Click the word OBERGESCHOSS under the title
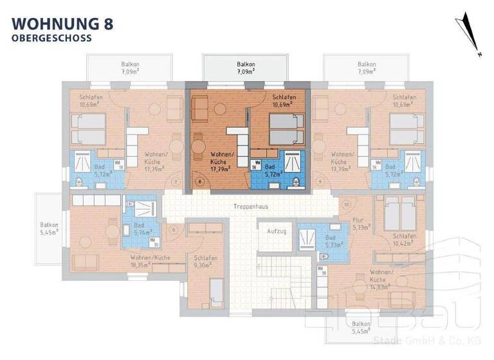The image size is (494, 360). (51, 38)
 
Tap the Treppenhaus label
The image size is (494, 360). (250, 207)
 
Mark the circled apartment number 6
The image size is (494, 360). (173, 230)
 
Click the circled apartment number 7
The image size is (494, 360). (177, 182)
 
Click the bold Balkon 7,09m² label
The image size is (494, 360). (246, 68)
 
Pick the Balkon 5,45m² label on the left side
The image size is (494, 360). (49, 228)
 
